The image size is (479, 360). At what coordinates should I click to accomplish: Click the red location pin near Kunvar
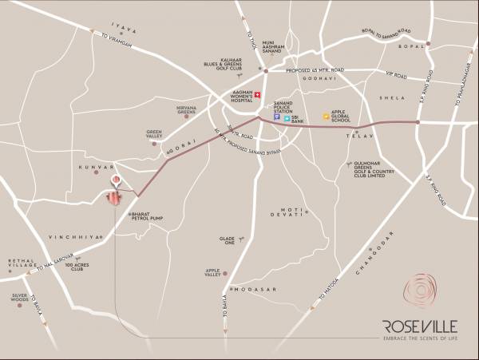pos(117,180)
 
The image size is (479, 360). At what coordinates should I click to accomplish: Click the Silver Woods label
pos(20,298)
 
